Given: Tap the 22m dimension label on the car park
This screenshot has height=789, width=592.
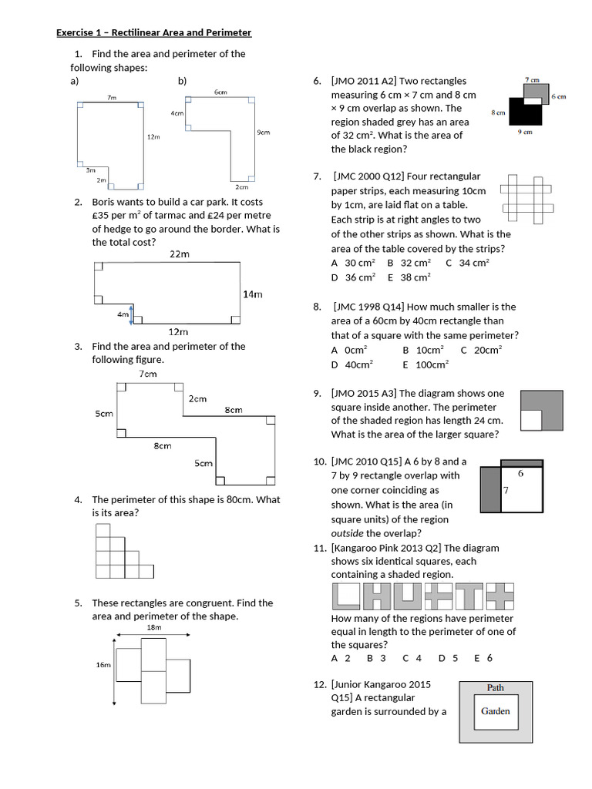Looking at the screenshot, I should pyautogui.click(x=179, y=254).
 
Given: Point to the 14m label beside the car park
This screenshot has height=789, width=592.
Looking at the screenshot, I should pyautogui.click(x=253, y=294).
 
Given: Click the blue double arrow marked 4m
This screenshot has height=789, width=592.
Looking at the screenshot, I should pyautogui.click(x=132, y=314).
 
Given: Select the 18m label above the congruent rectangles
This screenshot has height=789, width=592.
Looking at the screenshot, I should pyautogui.click(x=154, y=628).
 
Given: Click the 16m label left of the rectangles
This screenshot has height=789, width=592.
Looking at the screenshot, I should pyautogui.click(x=103, y=664).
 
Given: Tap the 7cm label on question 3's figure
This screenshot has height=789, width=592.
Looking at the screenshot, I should pyautogui.click(x=148, y=374).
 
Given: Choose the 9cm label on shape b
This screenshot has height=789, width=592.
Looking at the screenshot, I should pyautogui.click(x=263, y=133).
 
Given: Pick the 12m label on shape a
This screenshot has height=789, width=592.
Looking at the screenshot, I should pyautogui.click(x=153, y=136).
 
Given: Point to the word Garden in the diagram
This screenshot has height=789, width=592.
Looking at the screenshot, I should pyautogui.click(x=495, y=711).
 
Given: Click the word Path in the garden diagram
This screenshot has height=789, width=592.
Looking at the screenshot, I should pyautogui.click(x=496, y=687).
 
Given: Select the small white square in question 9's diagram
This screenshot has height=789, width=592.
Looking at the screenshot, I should pyautogui.click(x=531, y=420).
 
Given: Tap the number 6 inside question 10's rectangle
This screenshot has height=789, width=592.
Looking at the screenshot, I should pyautogui.click(x=520, y=474).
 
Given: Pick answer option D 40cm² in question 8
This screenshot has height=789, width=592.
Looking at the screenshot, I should pyautogui.click(x=351, y=364).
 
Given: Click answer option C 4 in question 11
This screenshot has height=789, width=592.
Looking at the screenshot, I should pyautogui.click(x=412, y=658).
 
